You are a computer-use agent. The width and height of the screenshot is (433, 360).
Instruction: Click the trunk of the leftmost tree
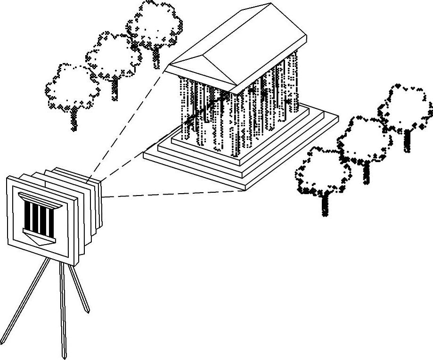tap(74, 120)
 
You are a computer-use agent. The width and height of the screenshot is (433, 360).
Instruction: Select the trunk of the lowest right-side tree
tap(325, 205)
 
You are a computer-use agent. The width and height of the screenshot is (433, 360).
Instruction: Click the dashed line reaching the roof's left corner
tap(127, 123)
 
